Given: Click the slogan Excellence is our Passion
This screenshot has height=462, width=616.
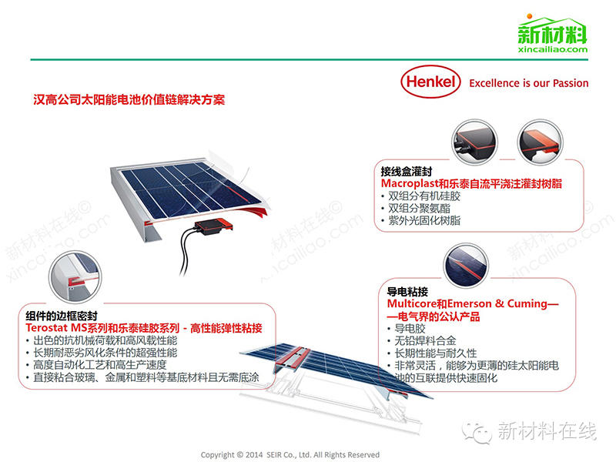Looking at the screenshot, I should (x=528, y=83).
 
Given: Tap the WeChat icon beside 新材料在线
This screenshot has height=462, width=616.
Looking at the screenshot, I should (x=482, y=431).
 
